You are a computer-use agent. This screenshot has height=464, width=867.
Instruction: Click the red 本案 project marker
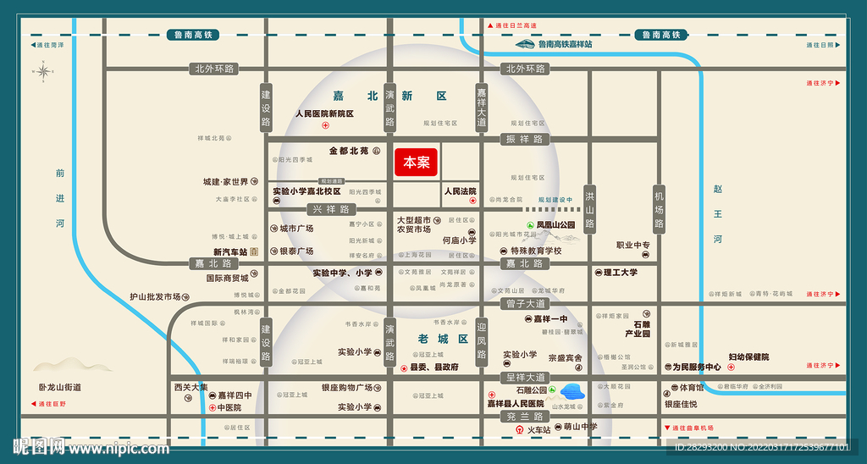coord(416,163)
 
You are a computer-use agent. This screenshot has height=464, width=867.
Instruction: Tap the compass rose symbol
coord(43,73)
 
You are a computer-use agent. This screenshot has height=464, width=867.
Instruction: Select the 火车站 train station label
coord(539,429)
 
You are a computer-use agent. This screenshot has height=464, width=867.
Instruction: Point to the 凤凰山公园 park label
coord(555,225)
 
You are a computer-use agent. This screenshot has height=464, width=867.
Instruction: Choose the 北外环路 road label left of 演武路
coord(214,69)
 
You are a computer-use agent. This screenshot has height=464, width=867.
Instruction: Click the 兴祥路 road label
coord(331,209)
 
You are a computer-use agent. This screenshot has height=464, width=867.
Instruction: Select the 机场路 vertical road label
coord(660,210)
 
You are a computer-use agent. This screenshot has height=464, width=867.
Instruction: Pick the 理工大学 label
coord(621,273)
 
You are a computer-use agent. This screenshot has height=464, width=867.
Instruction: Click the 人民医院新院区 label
coord(324,113)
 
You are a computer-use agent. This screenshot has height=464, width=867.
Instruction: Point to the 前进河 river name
coord(60,198)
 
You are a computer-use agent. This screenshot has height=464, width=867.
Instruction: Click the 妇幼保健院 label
coord(748,357)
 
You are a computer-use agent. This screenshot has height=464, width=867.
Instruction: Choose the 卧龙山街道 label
coord(60,387)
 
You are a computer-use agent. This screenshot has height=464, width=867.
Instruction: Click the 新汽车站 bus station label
coord(229,252)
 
